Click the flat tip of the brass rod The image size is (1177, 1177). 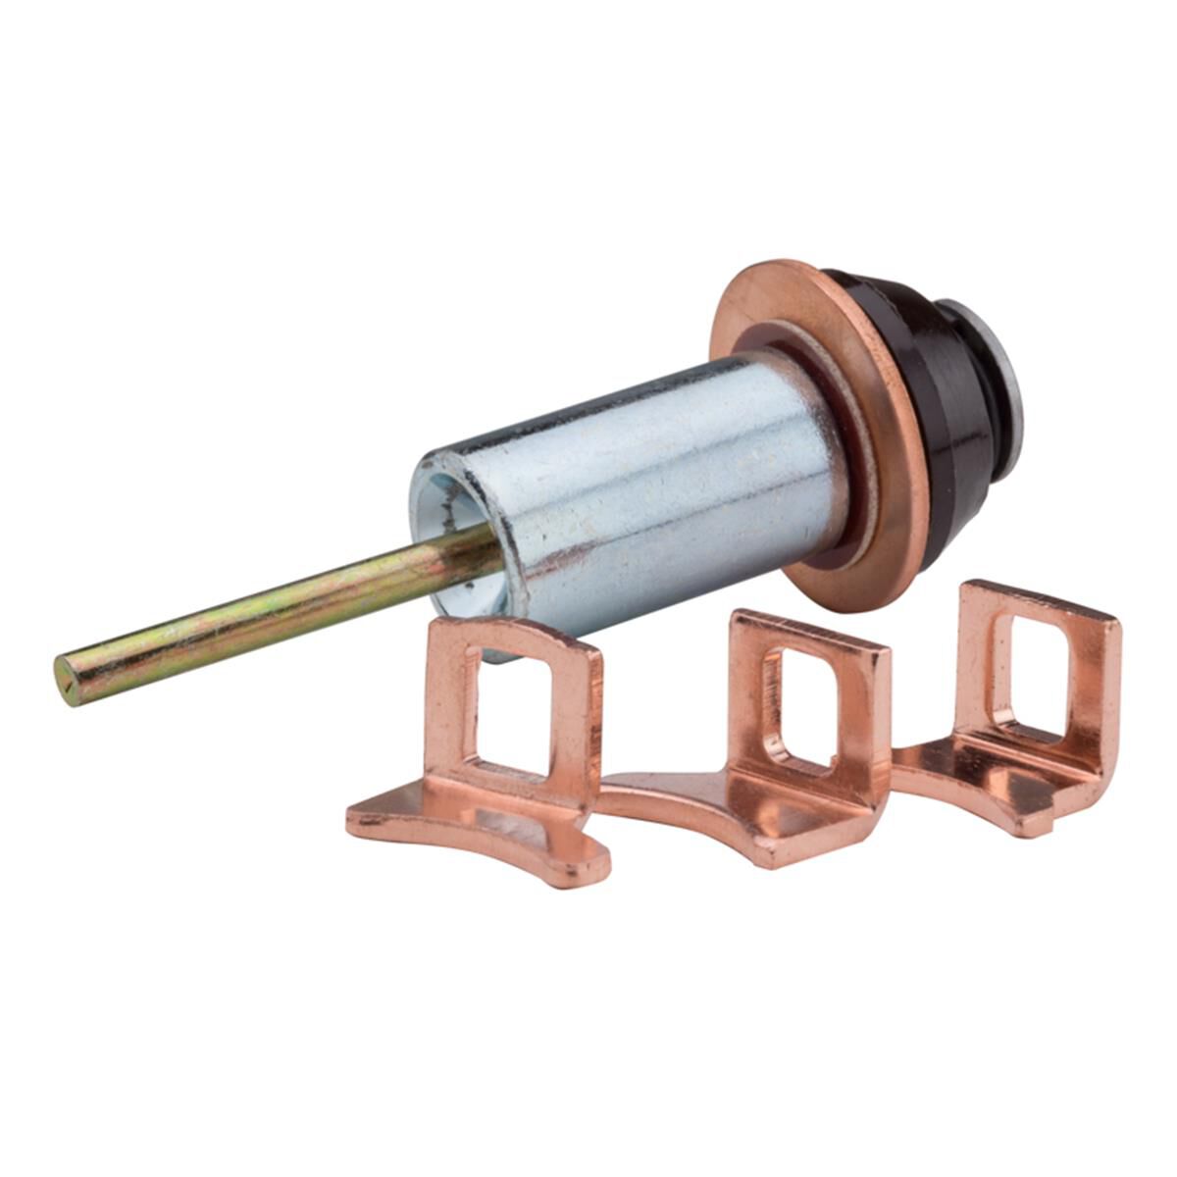67,679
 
